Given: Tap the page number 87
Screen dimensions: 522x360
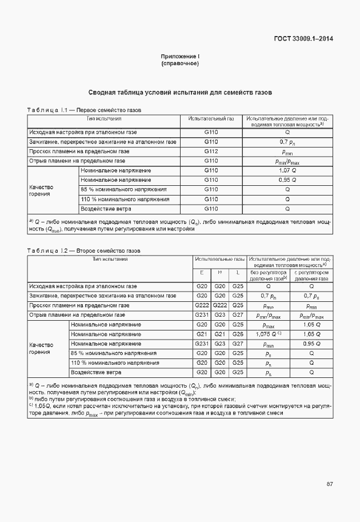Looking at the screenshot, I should [x=330, y=484].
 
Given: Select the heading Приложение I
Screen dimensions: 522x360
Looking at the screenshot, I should [x=180, y=57].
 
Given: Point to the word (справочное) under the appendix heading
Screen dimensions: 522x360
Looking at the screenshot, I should [x=180, y=63].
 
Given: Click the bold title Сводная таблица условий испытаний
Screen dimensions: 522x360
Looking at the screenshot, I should [x=179, y=92].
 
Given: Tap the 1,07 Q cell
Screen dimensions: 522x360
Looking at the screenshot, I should [x=287, y=170].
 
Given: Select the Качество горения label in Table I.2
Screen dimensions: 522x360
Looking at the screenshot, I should [x=41, y=348].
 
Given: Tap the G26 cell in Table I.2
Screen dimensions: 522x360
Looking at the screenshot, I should [x=238, y=334].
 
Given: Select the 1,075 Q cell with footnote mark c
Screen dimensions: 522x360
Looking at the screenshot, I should [x=267, y=334].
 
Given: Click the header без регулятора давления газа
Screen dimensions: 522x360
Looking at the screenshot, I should [x=267, y=276].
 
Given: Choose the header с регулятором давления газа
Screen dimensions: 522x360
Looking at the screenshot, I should [x=311, y=276].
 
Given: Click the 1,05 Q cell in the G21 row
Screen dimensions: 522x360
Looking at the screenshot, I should [x=311, y=334].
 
